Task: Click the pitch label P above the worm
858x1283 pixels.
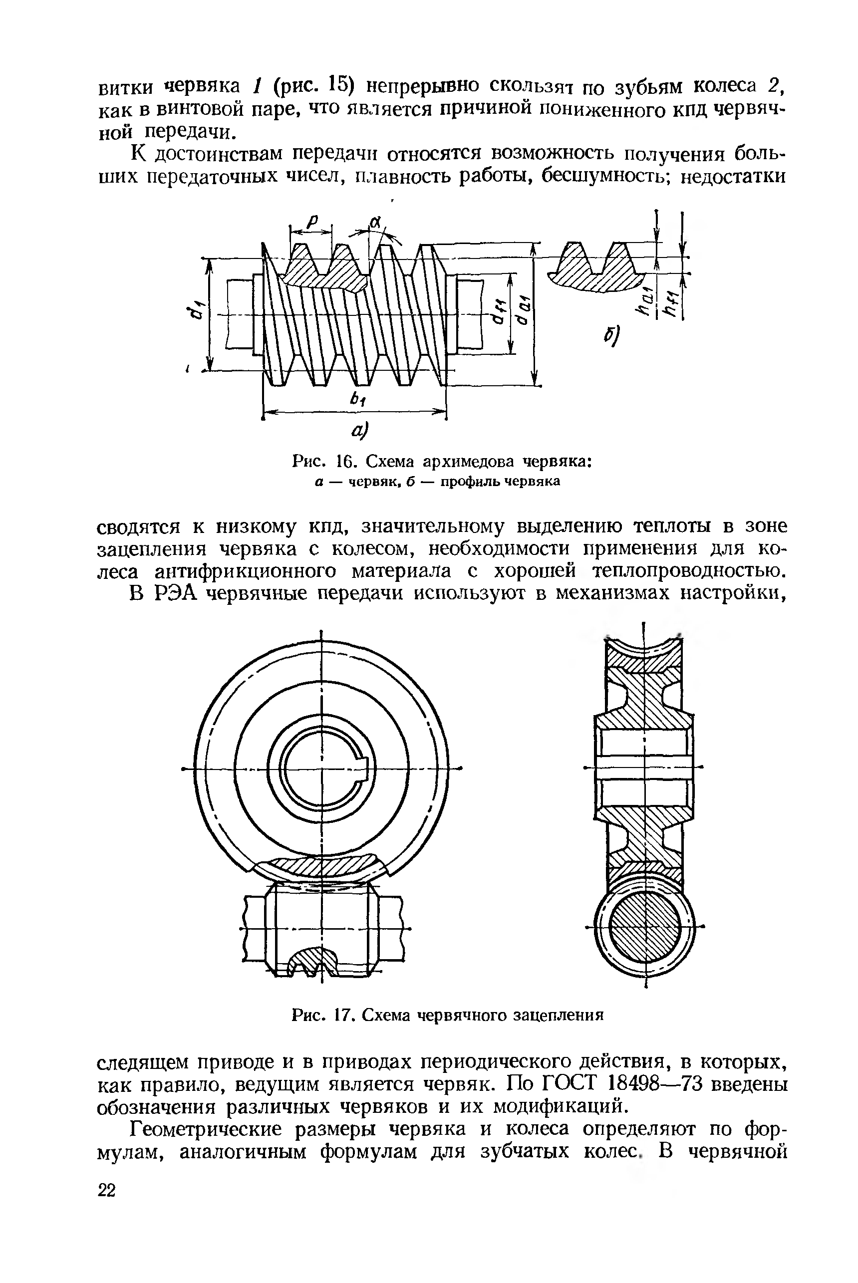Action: pyautogui.click(x=312, y=222)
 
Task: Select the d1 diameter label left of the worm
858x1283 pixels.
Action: pyautogui.click(x=193, y=314)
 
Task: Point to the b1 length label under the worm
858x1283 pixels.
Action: pyautogui.click(x=358, y=399)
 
